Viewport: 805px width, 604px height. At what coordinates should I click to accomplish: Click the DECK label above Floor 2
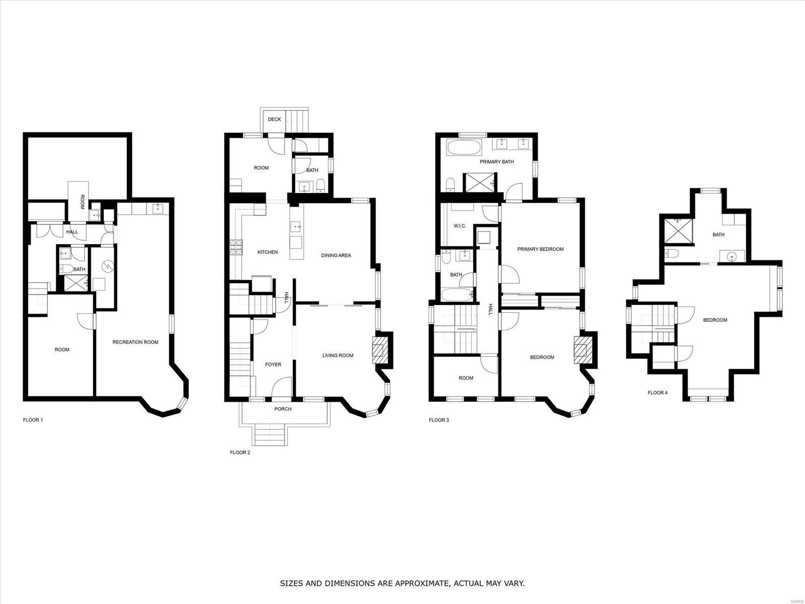click(x=274, y=119)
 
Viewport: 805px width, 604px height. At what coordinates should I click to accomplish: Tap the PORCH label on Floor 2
click(x=283, y=409)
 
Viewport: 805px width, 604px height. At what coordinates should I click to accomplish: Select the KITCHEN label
click(x=267, y=252)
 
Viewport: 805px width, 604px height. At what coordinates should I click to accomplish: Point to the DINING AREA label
click(x=336, y=255)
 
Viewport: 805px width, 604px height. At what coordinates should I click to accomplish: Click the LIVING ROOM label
click(x=338, y=356)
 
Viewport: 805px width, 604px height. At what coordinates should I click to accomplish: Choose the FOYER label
click(x=273, y=365)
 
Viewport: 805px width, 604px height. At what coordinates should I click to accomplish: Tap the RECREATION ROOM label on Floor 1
click(x=135, y=343)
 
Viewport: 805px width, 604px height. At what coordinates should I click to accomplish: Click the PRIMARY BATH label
click(x=496, y=162)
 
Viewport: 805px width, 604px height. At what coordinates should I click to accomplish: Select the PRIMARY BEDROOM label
click(x=540, y=249)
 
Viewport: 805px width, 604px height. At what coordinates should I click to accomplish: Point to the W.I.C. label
click(x=460, y=226)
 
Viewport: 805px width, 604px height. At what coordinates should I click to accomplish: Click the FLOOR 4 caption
click(x=657, y=393)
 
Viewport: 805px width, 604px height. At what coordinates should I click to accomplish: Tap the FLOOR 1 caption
click(x=33, y=420)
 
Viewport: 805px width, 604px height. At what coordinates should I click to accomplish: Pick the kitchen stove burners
click(x=235, y=247)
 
